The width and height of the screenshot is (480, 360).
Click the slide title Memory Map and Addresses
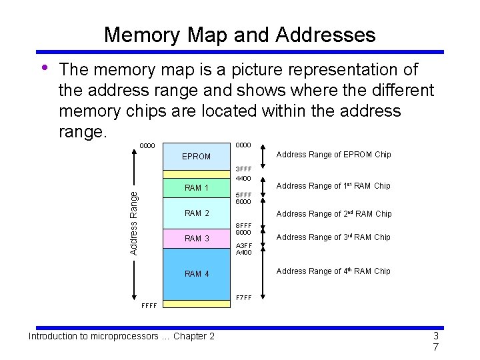coord(239,35)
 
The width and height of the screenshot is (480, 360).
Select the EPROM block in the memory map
coord(196,157)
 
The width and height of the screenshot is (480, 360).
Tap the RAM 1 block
coord(196,188)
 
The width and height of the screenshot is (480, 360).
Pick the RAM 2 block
coord(196,213)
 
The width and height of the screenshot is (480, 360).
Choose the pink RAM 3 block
coord(196,239)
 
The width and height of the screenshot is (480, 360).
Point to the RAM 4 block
coord(196,274)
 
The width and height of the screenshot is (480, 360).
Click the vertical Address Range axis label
coord(133,222)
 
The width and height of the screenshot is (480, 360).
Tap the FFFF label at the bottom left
coord(149,307)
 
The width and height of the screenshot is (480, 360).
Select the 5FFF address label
coord(243,195)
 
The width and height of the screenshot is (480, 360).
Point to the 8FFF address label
coord(243,225)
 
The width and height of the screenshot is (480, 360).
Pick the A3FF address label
coord(243,245)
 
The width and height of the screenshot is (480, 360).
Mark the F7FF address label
coord(243,297)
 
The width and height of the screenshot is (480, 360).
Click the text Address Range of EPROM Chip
coord(333,155)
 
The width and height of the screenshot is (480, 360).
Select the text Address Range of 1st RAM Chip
coord(333,186)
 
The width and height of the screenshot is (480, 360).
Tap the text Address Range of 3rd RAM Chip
coord(333,237)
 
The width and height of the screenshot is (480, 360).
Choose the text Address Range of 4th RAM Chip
coord(333,271)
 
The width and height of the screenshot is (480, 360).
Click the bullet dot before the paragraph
coord(44,67)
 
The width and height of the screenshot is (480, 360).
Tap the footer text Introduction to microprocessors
coord(121,336)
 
